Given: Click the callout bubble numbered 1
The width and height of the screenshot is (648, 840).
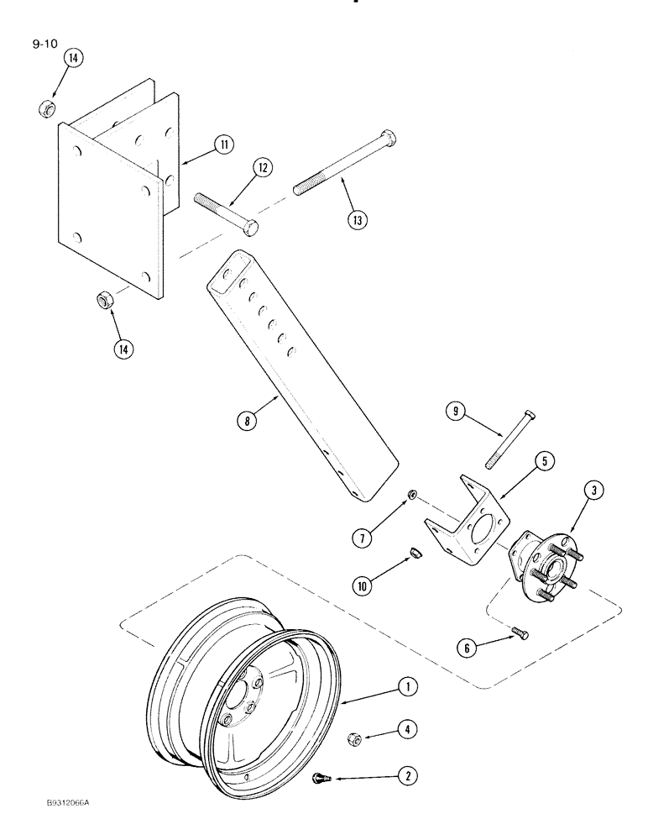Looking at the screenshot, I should pos(408,689).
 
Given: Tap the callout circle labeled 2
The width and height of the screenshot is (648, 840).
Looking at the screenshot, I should pos(409,776).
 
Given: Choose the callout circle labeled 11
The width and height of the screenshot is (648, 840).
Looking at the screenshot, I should pos(223,144).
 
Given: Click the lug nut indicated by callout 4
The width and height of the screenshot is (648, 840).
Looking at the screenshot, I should pos(354,738).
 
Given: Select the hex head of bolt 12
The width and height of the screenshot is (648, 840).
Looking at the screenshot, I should pos(251,227).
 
